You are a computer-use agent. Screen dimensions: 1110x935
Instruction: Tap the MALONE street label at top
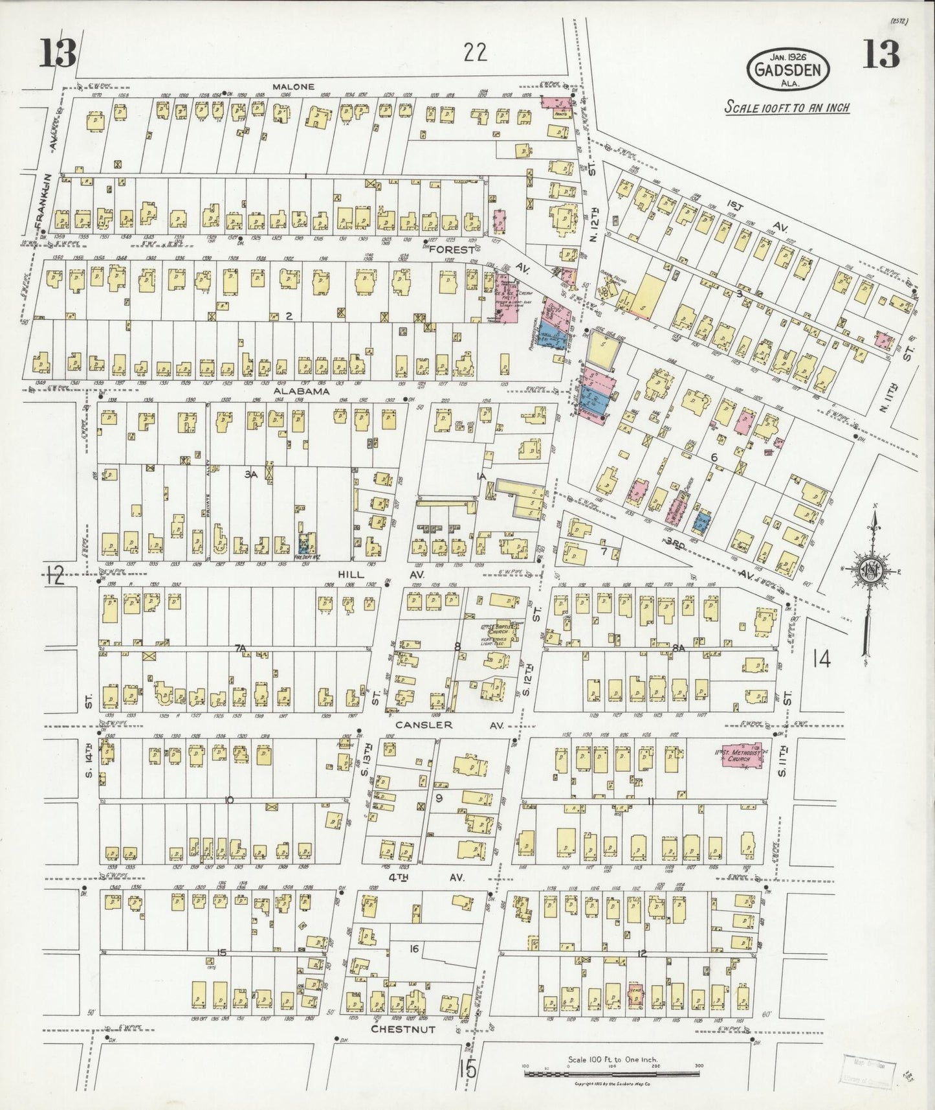click(293, 86)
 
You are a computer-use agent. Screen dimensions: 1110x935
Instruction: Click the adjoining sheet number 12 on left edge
click(56, 575)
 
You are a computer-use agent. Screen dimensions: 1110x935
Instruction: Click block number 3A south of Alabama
click(250, 474)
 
